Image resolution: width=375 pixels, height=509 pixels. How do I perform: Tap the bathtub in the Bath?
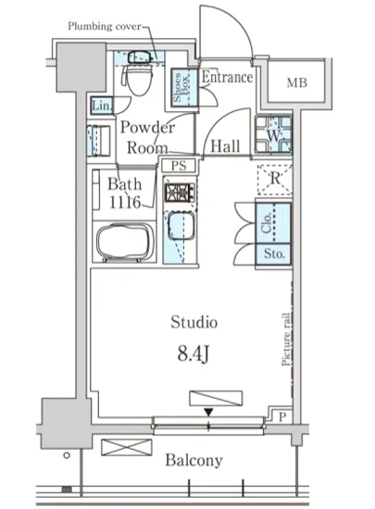click(x=125, y=242)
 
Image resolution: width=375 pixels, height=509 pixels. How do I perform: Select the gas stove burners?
click(x=180, y=192)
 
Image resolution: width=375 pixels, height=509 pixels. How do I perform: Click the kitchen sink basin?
click(x=181, y=226)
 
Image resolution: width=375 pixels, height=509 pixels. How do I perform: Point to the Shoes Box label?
click(x=181, y=87)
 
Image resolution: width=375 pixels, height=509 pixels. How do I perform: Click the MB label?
click(x=296, y=83)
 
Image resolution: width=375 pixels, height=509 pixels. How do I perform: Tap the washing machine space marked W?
click(x=273, y=134)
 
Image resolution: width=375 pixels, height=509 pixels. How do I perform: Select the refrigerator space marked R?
click(x=275, y=180)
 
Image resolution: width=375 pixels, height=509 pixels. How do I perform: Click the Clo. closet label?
click(x=267, y=222)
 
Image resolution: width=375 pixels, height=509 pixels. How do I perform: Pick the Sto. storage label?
click(x=274, y=254)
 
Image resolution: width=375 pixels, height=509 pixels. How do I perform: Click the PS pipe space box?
click(x=179, y=166)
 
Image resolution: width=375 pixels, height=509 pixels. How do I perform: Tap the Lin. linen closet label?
click(x=102, y=106)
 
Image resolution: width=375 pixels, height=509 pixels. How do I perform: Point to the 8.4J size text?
click(x=194, y=354)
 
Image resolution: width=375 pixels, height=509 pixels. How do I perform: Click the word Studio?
click(x=194, y=322)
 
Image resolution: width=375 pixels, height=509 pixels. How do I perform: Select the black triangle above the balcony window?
click(x=208, y=412)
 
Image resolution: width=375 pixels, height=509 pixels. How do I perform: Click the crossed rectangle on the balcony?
click(x=127, y=447)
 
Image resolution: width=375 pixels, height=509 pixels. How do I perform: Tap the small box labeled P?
click(x=282, y=416)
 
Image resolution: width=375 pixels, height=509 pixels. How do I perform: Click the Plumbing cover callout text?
click(x=105, y=26)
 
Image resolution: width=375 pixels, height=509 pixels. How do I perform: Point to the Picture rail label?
click(x=286, y=340)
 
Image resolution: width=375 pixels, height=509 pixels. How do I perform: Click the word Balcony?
click(x=194, y=461)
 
